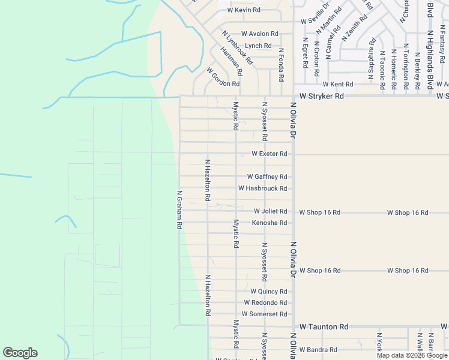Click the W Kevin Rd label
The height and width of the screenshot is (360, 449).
(244, 10)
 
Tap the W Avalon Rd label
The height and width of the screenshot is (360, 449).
(260, 34)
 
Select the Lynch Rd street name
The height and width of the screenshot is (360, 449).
(258, 46)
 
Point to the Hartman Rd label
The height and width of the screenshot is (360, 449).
(231, 62)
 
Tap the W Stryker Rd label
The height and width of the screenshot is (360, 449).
(322, 96)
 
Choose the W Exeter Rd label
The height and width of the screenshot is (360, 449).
(269, 154)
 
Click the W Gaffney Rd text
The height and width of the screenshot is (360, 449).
(267, 177)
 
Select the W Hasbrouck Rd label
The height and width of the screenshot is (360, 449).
(262, 188)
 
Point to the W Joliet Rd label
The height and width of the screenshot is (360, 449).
(270, 211)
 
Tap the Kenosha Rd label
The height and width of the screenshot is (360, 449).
(270, 223)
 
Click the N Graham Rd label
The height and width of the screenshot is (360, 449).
(179, 209)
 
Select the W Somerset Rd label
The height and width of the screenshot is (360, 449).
(264, 314)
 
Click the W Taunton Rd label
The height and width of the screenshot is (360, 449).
(324, 327)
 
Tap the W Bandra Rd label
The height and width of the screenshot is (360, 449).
(318, 350)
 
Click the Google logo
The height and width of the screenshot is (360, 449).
(20, 353)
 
